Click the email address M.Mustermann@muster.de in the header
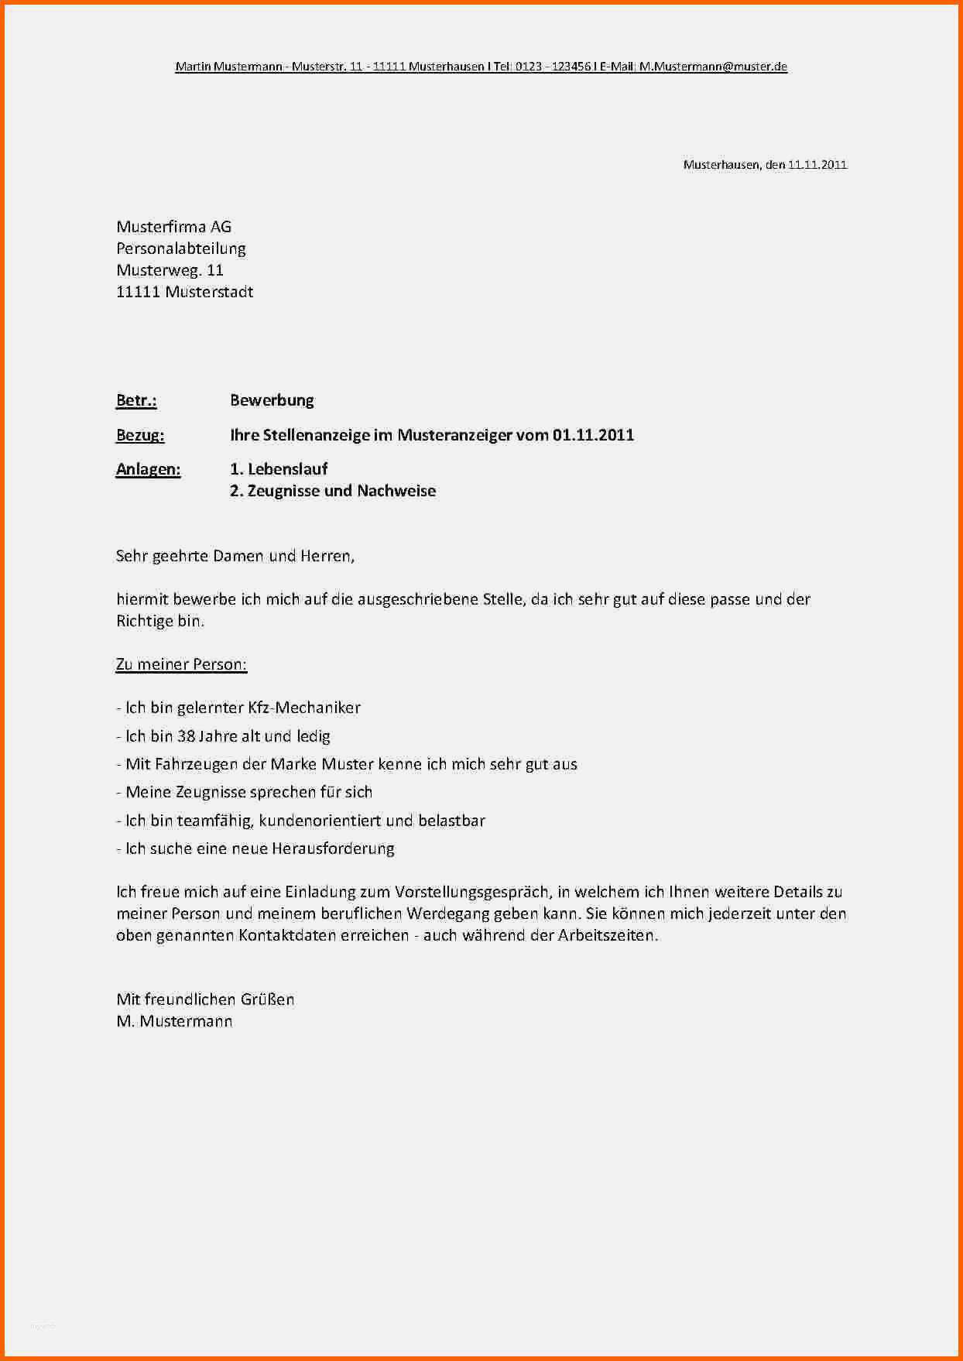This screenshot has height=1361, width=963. pos(712,67)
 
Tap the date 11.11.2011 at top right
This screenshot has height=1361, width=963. pos(817,165)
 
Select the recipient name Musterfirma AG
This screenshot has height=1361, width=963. pos(173,227)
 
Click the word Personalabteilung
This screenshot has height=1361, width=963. pos(181,249)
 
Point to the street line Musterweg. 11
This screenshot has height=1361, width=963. pos(170,270)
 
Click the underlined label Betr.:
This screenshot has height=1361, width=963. pos(136,400)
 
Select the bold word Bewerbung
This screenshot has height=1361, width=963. pos(272,400)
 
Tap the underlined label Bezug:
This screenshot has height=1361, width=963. pos(140,435)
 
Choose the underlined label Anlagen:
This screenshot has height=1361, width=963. pos(148,469)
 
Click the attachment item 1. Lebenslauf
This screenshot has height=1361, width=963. pos(279,469)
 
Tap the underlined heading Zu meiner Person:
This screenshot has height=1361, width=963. pos(181,664)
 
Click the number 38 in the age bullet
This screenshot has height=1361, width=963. pos(186,736)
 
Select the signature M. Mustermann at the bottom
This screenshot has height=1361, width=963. pos(174,1021)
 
